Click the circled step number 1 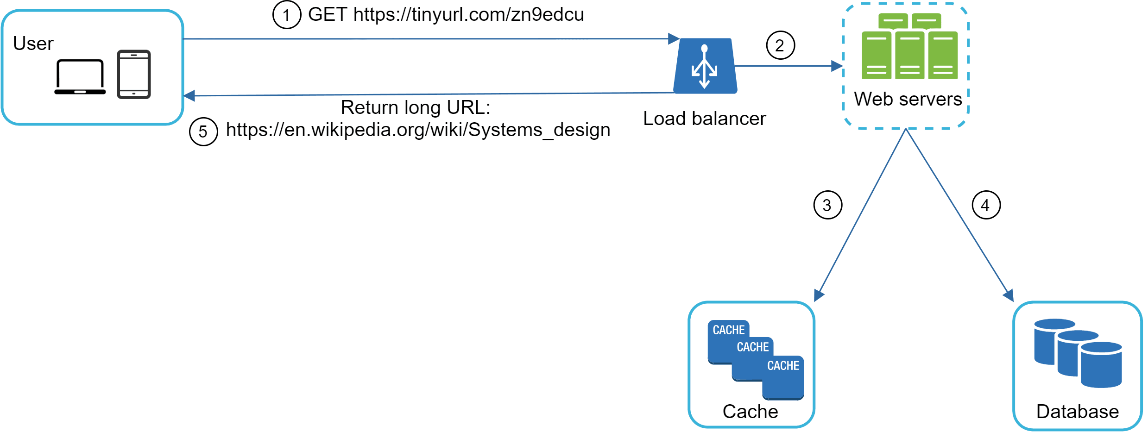[x=287, y=15]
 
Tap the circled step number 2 [x=781, y=45]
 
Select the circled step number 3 [x=828, y=205]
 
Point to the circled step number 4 [x=986, y=205]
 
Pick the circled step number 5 [x=203, y=131]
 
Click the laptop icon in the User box [x=80, y=77]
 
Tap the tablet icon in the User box [x=134, y=74]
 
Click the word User [x=33, y=44]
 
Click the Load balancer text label [x=704, y=119]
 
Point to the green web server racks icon [x=909, y=47]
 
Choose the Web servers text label [x=908, y=99]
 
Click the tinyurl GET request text [x=446, y=14]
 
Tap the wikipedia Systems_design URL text [x=418, y=130]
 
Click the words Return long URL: [x=416, y=107]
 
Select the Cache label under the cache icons [x=751, y=411]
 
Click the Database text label [x=1078, y=411]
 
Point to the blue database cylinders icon [x=1078, y=353]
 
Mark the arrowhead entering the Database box [x=1009, y=295]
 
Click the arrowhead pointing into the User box [x=189, y=96]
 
